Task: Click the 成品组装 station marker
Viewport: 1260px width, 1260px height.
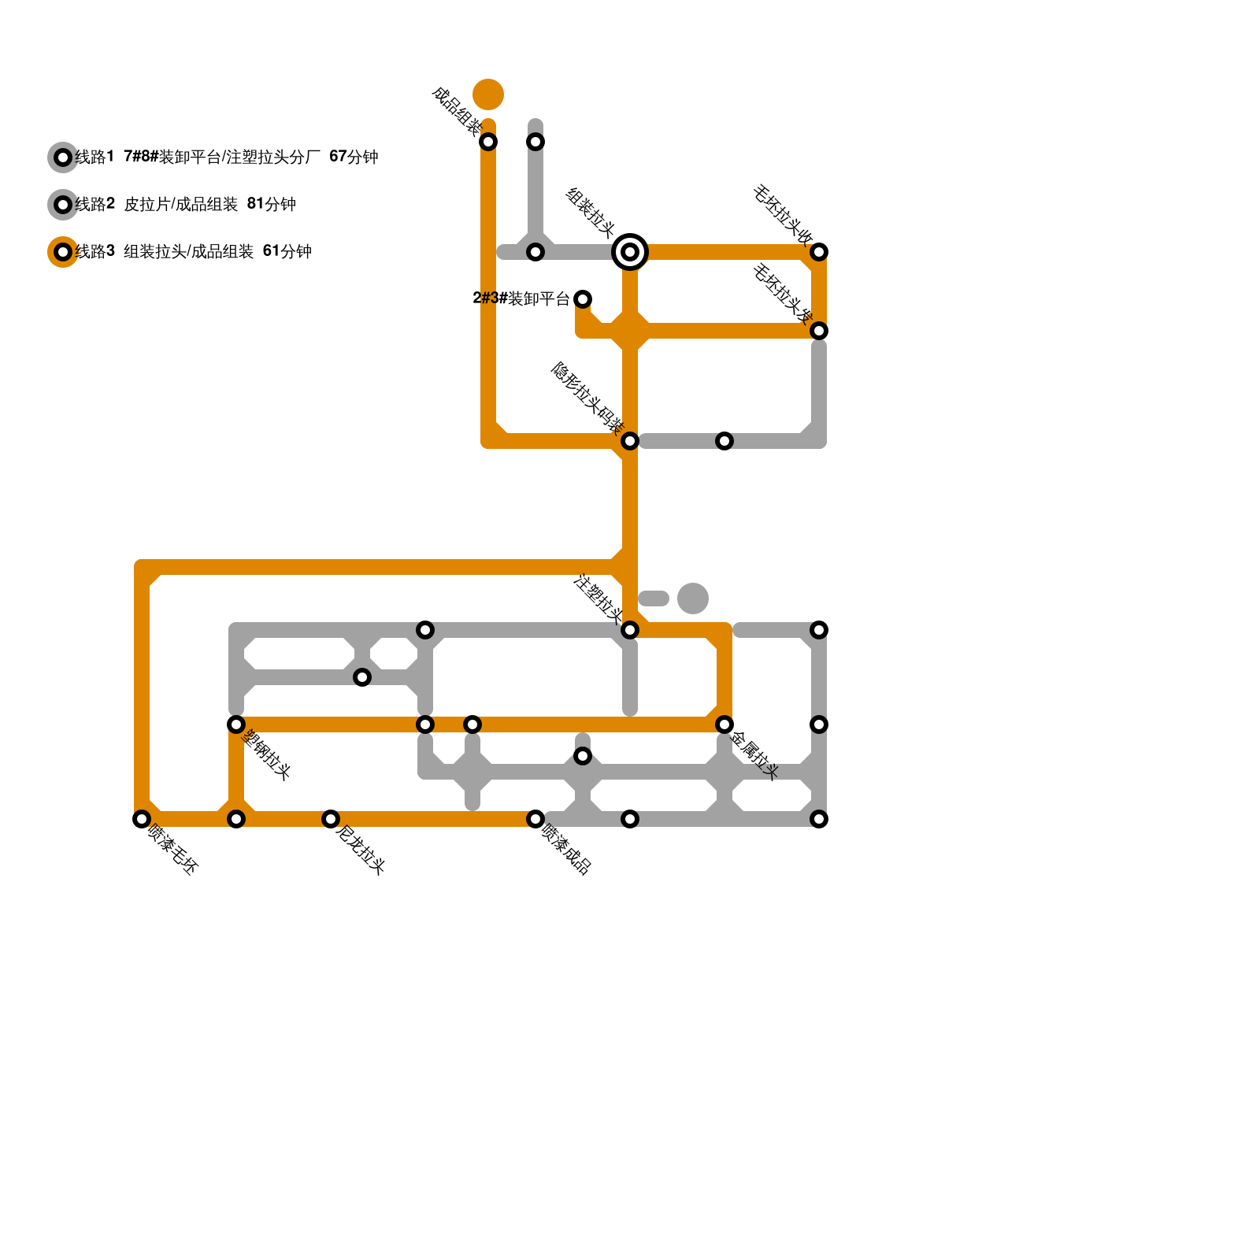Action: [488, 142]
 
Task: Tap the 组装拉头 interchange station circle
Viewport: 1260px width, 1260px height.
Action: [630, 252]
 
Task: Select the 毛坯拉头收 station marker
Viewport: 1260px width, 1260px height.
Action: [819, 252]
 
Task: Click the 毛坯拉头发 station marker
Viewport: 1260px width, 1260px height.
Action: [819, 331]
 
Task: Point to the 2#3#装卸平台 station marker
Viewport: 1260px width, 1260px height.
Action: [583, 299]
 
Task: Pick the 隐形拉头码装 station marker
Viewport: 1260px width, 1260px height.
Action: [630, 441]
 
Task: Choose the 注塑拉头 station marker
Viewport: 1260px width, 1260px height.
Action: [630, 630]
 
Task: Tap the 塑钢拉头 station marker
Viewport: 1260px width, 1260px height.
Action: [236, 724]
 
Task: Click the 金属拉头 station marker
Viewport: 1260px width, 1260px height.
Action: [724, 724]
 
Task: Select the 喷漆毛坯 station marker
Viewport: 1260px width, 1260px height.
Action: [142, 819]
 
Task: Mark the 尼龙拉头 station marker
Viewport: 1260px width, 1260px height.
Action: [331, 819]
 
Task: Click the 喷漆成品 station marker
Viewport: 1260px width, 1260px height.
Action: [535, 819]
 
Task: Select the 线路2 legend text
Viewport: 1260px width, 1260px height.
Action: [186, 205]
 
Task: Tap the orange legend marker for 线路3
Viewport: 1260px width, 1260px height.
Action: [63, 252]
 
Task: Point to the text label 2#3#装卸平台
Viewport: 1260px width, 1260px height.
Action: [521, 299]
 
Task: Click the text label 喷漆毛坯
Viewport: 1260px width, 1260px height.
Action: [173, 850]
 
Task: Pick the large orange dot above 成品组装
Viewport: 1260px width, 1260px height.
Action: [488, 94]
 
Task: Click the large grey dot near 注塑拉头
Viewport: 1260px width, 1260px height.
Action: [693, 598]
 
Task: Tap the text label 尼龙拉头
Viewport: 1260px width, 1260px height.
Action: [361, 850]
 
